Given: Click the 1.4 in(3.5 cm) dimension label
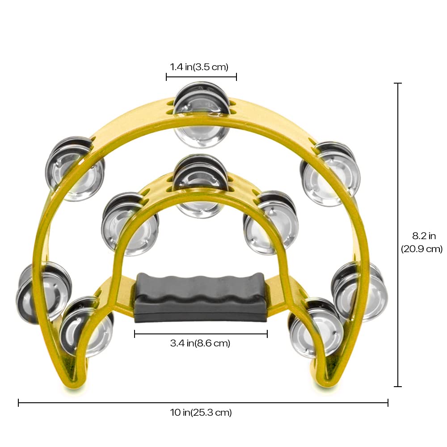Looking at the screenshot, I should tap(199, 67).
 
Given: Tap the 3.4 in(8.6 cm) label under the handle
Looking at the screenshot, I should tap(200, 343).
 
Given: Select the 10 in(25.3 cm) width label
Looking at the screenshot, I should tap(201, 413).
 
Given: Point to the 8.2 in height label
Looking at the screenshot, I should tap(423, 236).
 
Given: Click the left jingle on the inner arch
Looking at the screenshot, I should tap(130, 223).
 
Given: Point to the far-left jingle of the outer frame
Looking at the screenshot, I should tap(42, 291).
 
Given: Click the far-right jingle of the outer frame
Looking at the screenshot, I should tap(360, 291).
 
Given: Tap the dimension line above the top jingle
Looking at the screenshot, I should tap(201, 77).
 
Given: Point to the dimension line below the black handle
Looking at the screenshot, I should tap(201, 333).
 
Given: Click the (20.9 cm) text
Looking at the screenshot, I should tap(422, 249).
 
